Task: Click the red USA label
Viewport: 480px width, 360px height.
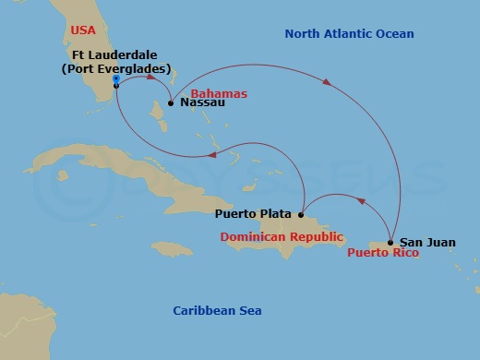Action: click(83, 30)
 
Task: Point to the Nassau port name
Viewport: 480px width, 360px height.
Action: click(203, 104)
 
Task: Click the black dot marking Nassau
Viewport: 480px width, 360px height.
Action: click(171, 103)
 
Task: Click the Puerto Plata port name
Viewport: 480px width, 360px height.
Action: click(253, 214)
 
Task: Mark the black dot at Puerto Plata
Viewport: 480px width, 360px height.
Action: click(301, 215)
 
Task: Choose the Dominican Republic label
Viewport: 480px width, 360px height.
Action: click(282, 237)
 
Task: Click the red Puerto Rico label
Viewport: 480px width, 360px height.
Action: click(382, 252)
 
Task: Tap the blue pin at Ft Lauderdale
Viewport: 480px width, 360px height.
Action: click(115, 80)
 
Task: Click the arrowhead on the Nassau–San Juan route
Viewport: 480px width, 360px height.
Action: click(328, 83)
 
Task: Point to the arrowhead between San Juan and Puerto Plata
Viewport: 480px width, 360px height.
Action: click(361, 200)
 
